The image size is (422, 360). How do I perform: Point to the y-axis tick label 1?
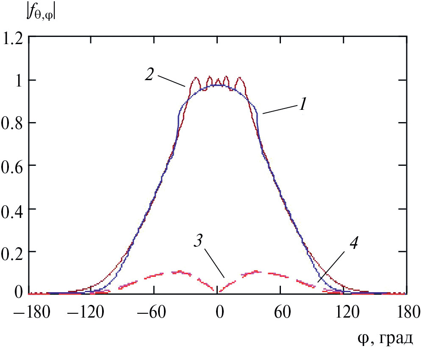pos(19,81)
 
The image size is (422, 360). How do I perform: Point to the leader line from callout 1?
pos(279,110)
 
